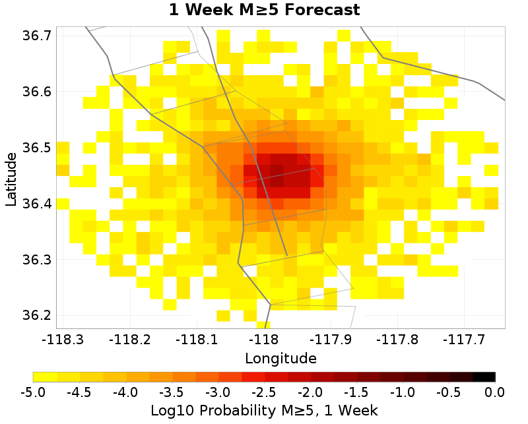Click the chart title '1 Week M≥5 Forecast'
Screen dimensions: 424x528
[264, 11]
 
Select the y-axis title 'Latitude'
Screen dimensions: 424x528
[11, 179]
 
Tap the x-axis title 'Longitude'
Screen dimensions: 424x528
[280, 359]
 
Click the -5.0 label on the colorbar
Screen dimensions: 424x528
[32, 392]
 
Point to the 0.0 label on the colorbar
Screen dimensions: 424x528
[495, 392]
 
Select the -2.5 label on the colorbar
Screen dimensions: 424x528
[264, 392]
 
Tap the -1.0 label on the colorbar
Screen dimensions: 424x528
[403, 392]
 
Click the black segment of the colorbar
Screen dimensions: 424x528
[484, 377]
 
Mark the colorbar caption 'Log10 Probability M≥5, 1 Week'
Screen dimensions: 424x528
[264, 410]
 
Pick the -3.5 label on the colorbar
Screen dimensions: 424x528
[172, 392]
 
